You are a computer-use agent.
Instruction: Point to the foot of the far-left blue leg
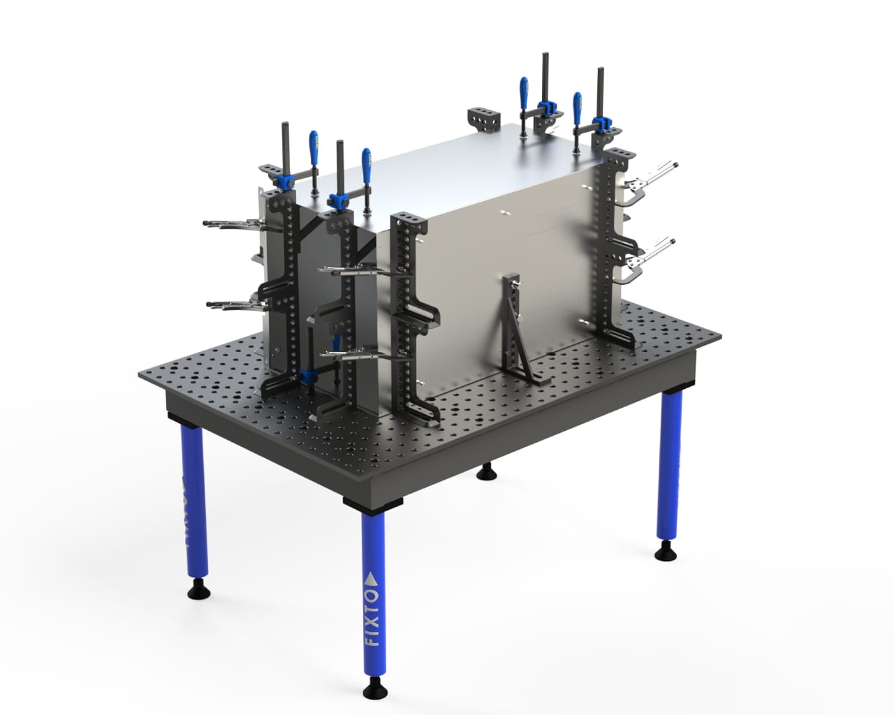196,591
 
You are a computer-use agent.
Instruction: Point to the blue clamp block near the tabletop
305,376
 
